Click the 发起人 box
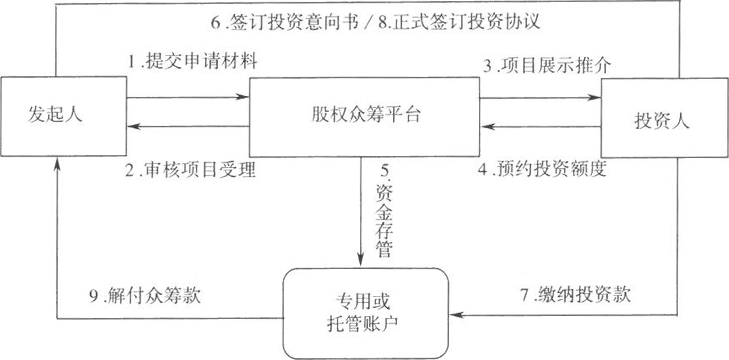point(63,116)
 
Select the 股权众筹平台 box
point(364,117)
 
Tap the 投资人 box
point(664,118)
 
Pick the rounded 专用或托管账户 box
point(365,313)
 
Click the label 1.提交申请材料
point(192,62)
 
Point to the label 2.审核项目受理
point(190,170)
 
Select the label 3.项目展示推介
point(547,65)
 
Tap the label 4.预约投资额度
point(543,169)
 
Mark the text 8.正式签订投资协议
point(459,22)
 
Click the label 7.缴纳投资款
point(575,294)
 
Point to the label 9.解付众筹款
point(145,295)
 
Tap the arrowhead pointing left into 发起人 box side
point(134,126)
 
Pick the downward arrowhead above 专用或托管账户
point(360,260)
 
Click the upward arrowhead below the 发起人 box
point(57,164)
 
